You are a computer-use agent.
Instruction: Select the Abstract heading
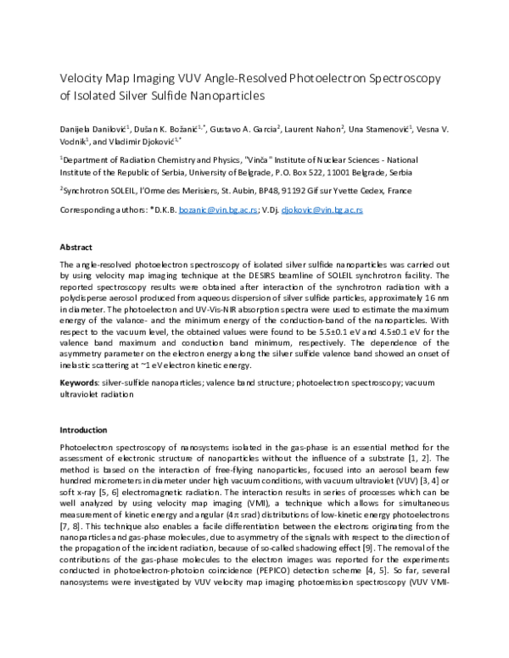pyautogui.click(x=75, y=247)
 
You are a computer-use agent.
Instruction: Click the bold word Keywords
pyautogui.click(x=78, y=384)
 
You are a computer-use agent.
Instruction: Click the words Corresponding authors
pyautogui.click(x=98, y=209)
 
